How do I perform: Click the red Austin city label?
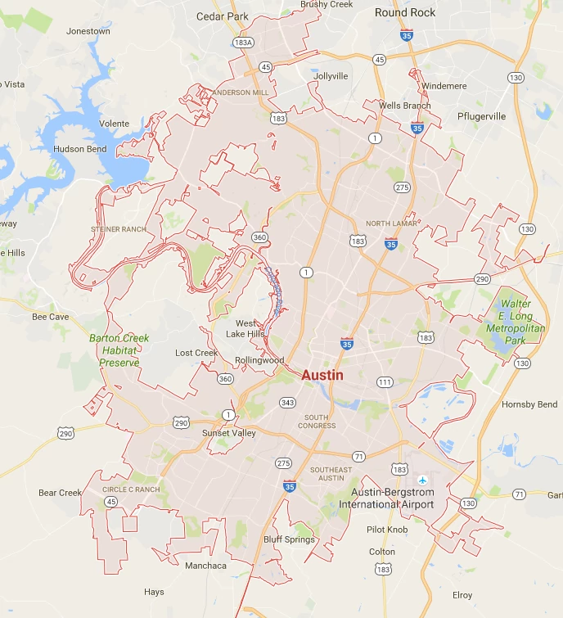coord(322,375)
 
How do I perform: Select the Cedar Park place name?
coord(222,16)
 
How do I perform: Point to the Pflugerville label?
coord(481,116)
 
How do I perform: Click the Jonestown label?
coord(88,31)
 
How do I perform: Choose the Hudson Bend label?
coord(79,149)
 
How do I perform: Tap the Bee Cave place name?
coord(50,316)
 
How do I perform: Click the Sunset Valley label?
coord(229,433)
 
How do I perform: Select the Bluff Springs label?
coord(289,539)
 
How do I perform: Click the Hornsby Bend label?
coord(529,404)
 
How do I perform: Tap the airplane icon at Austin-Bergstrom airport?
coord(422,480)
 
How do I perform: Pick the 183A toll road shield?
coord(242,42)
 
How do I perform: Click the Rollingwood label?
coord(259,360)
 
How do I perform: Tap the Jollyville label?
coord(331,76)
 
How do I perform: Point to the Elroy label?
coord(462,595)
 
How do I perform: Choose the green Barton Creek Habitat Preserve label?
coord(119,350)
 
